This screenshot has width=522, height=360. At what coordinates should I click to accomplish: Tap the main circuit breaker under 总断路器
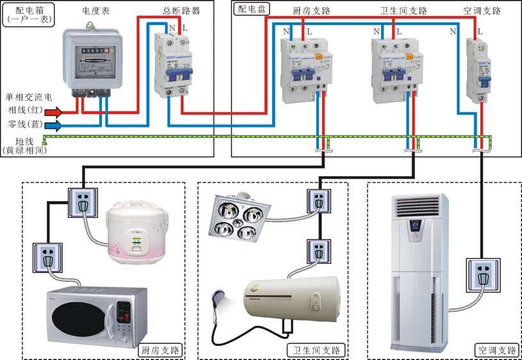[x=173, y=64]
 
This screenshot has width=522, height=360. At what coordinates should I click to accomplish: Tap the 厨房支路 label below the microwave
[x=160, y=350]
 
